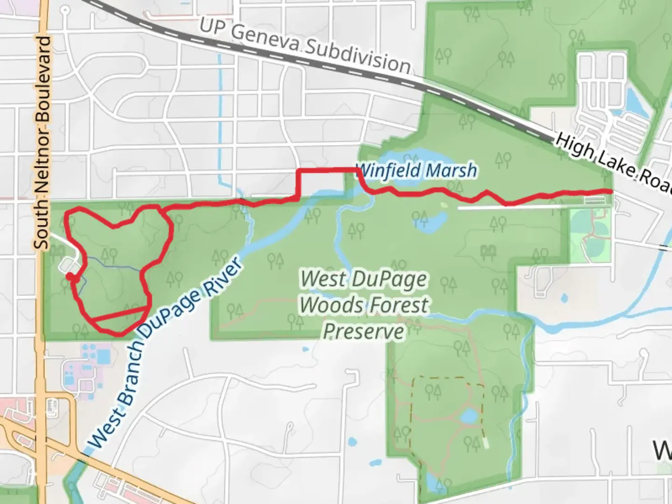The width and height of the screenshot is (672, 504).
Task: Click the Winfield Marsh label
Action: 416,170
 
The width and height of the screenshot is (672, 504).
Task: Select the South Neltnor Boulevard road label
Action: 42,142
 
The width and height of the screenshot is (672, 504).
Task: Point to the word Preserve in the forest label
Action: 364,332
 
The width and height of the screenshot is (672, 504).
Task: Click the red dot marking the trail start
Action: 70,277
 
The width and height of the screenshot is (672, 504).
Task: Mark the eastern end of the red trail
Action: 610,191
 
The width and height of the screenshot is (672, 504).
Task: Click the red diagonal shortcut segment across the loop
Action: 121,314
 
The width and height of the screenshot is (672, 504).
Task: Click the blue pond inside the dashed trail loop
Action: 469,415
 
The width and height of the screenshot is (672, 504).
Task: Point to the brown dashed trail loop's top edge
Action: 448,379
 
